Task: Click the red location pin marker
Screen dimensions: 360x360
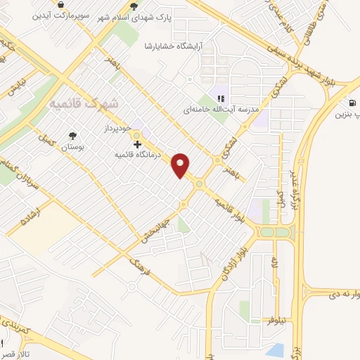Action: click(x=181, y=165)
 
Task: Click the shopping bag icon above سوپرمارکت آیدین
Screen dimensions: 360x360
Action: click(x=61, y=4)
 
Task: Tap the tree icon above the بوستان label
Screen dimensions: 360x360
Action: click(x=72, y=136)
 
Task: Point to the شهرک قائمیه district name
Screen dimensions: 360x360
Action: click(x=84, y=103)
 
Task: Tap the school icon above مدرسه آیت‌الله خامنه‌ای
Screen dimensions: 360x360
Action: click(x=220, y=98)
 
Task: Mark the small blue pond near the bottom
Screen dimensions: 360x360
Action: click(x=276, y=349)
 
